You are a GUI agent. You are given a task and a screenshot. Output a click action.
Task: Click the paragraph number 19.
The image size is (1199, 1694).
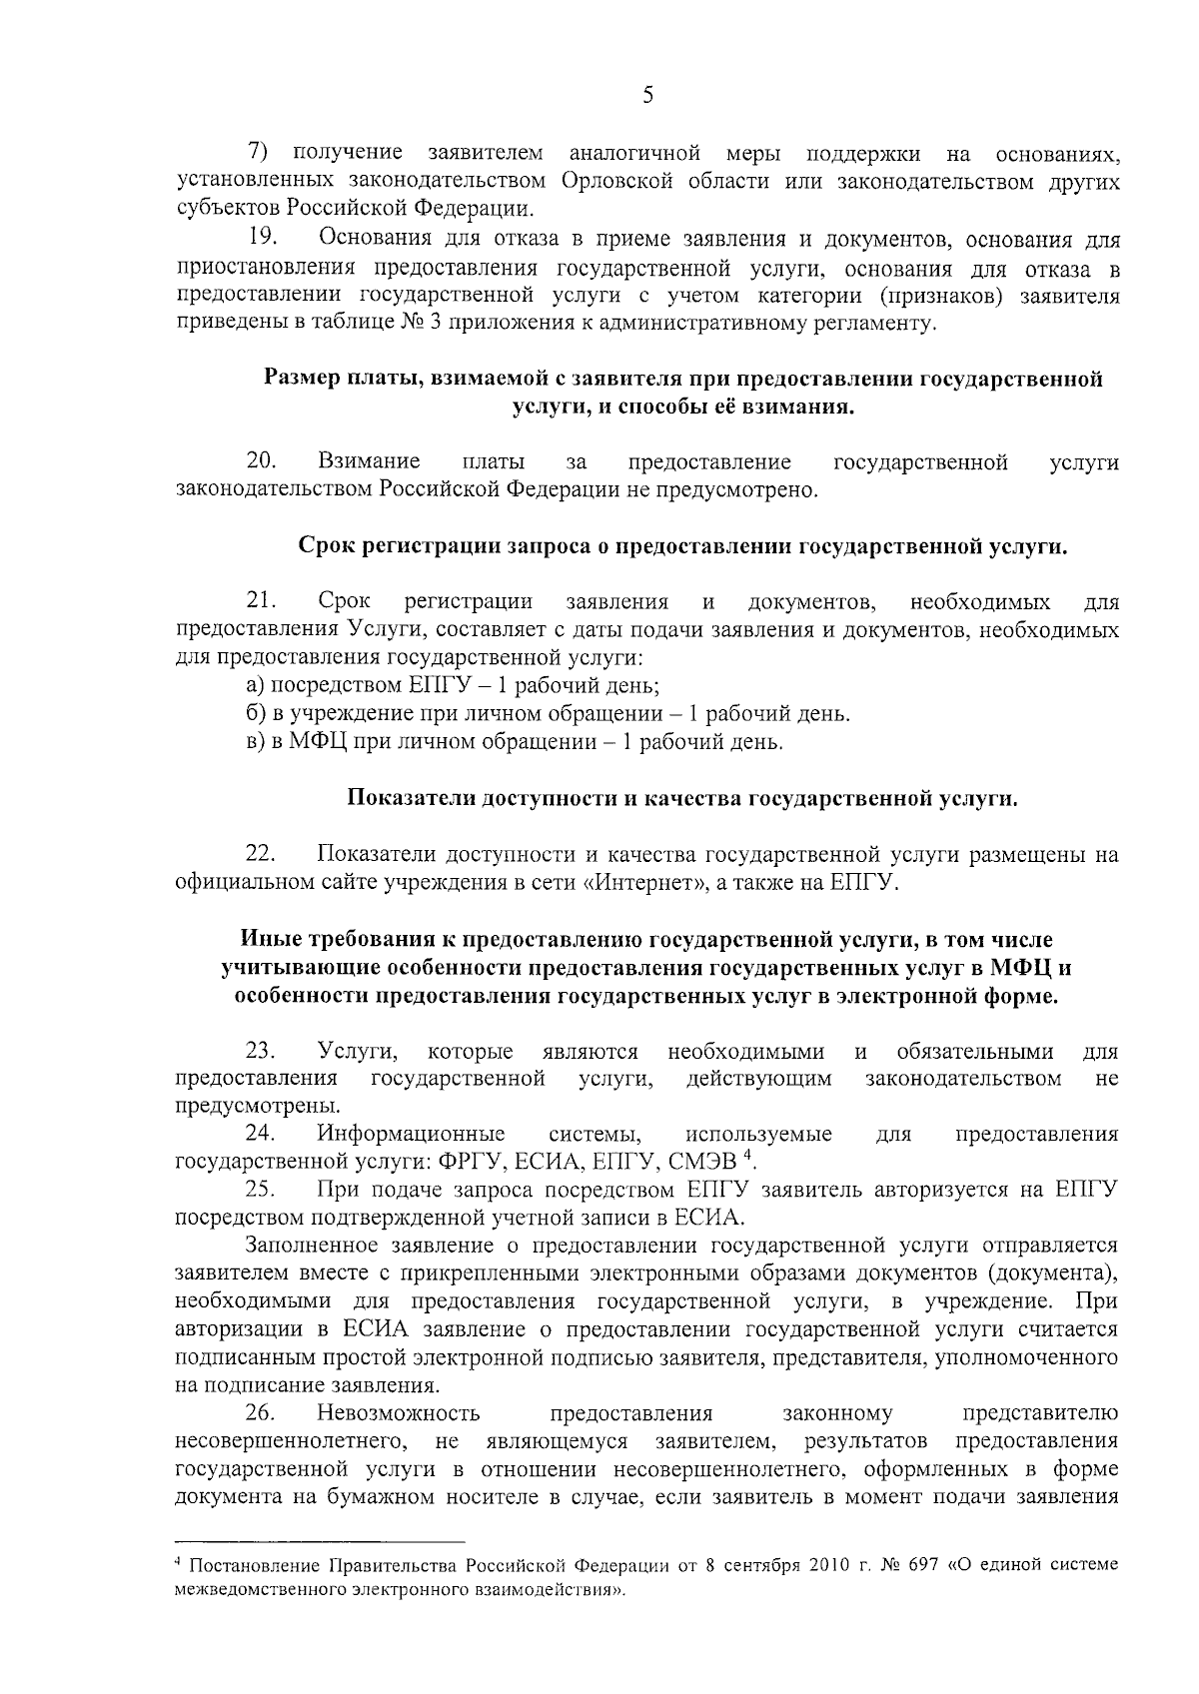tap(261, 239)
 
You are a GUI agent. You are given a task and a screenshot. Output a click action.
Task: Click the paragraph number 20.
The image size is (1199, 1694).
tap(261, 461)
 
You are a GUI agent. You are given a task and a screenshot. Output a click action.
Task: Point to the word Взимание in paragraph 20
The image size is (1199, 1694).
tap(369, 461)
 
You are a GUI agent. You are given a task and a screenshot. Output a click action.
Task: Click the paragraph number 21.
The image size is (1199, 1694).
tap(261, 601)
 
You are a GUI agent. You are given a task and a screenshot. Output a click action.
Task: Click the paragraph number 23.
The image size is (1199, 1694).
tap(261, 1051)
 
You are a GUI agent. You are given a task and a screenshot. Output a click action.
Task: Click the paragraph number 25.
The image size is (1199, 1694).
tap(261, 1189)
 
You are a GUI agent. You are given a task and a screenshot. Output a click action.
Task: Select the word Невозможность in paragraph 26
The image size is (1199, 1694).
tap(399, 1412)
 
